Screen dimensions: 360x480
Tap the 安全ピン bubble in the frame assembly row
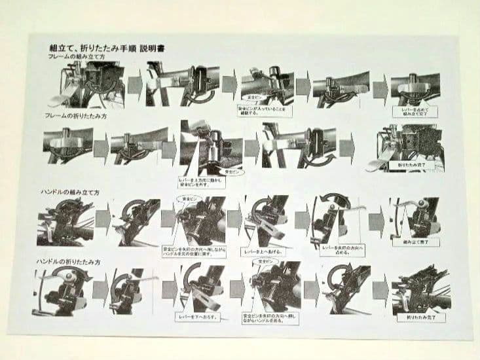coord(252,96)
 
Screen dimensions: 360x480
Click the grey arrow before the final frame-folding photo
coord(347,150)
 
